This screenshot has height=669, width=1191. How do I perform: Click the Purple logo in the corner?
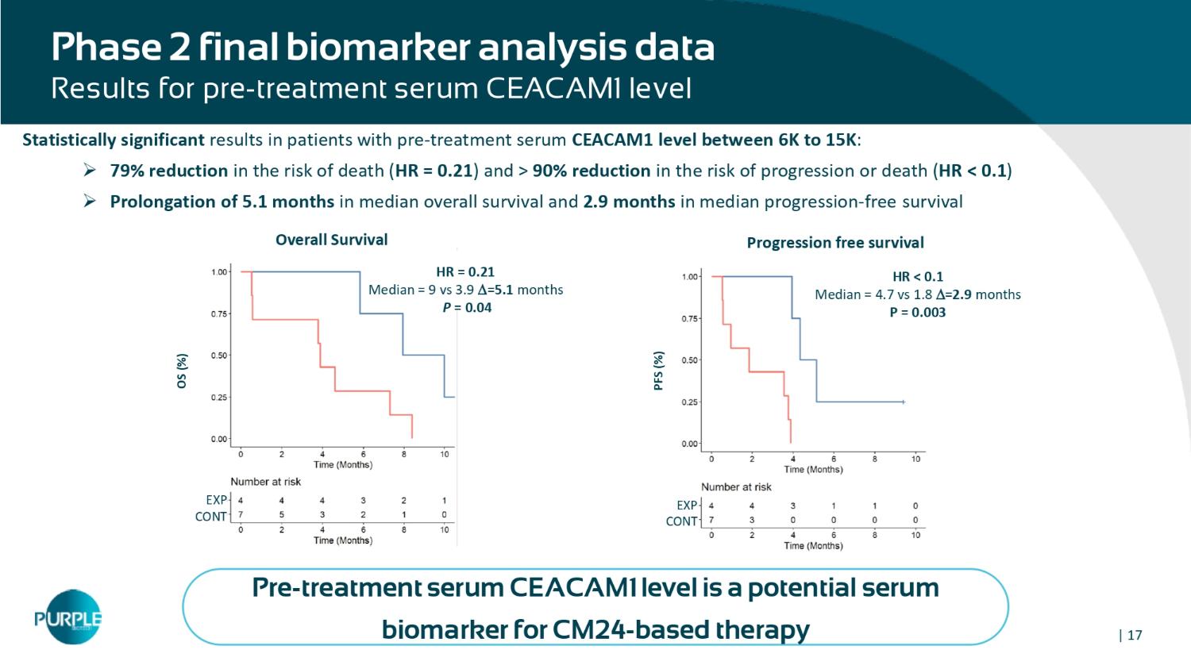tap(69, 617)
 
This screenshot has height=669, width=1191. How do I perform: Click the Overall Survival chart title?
tap(331, 240)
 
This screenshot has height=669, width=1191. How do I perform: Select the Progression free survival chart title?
tap(834, 243)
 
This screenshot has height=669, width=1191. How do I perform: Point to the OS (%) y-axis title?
tap(183, 371)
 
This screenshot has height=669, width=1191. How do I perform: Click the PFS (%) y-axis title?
tap(658, 371)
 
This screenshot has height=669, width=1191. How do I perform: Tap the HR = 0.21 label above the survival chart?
tap(465, 271)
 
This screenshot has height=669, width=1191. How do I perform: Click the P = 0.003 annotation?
tap(917, 313)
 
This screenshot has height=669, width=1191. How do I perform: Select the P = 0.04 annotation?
tap(467, 308)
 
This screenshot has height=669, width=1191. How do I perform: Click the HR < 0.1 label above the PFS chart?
tap(918, 277)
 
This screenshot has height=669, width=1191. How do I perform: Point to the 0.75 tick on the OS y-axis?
tap(219, 314)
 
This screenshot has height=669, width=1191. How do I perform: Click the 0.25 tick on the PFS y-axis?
tap(690, 402)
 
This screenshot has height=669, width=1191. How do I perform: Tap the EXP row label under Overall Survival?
tap(216, 501)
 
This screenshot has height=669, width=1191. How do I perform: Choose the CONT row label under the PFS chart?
tap(681, 521)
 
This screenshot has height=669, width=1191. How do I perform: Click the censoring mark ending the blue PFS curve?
tap(904, 402)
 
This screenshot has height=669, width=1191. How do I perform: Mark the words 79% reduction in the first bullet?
tap(168, 171)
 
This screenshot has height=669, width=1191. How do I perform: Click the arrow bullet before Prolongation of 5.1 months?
tap(91, 202)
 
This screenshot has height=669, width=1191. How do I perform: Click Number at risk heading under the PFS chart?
tap(736, 487)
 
